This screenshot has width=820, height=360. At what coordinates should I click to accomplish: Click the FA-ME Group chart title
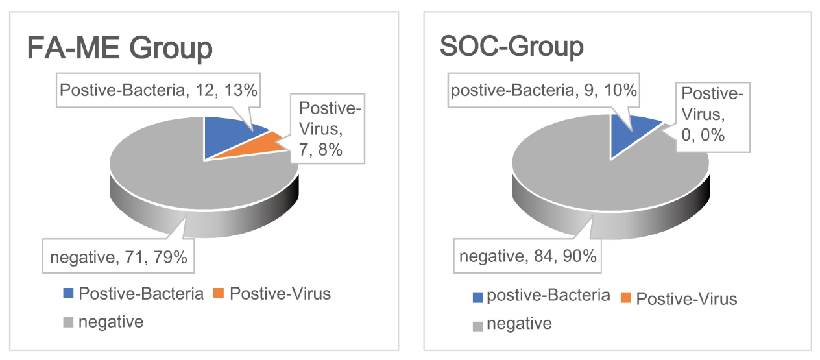coord(120,48)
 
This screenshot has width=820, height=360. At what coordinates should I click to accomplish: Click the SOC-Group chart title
coord(511,47)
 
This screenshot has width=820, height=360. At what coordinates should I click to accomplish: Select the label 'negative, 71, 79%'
coord(119,258)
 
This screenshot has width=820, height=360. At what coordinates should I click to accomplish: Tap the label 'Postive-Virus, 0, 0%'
coord(710,115)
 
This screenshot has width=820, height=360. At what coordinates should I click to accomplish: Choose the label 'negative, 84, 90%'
coord(527,257)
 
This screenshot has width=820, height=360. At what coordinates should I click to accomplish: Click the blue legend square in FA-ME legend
coord(68,294)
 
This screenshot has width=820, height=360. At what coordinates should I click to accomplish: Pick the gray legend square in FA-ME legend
coord(68,321)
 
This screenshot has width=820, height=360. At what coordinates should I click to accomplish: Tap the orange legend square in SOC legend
coord(627,298)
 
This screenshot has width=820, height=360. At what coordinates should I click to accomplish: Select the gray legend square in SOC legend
coord(478,324)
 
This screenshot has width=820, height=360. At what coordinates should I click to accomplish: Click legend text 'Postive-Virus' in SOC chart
coord(686,298)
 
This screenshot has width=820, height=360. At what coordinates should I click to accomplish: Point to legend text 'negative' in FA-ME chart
coord(110,321)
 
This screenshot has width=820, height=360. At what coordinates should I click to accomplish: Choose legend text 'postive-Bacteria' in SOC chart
coord(548,296)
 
